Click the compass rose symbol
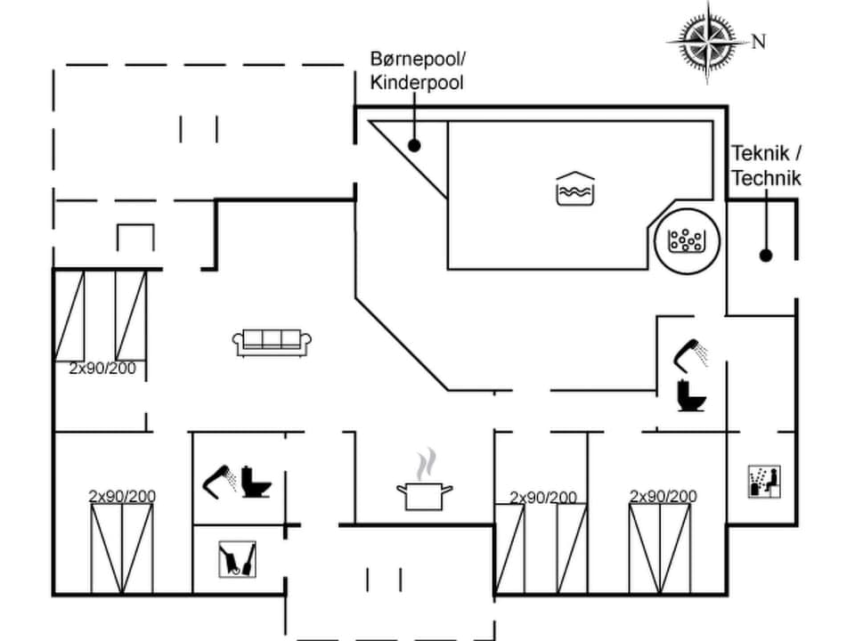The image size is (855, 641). (707, 40)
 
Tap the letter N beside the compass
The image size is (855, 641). (759, 41)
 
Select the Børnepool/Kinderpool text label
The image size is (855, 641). (417, 71)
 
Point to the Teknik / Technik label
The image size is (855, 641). (766, 166)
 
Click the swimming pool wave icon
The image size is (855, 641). (574, 189)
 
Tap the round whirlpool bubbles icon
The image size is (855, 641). (685, 239)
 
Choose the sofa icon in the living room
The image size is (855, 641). (273, 341)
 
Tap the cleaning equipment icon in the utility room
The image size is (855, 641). (237, 560)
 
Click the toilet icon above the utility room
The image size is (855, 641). (257, 482)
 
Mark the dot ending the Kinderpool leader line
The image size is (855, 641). (414, 144)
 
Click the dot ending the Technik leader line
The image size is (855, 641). (765, 256)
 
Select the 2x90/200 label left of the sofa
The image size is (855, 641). (102, 368)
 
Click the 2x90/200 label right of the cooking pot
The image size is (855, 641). (542, 497)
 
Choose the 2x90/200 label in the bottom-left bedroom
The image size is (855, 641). (122, 496)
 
